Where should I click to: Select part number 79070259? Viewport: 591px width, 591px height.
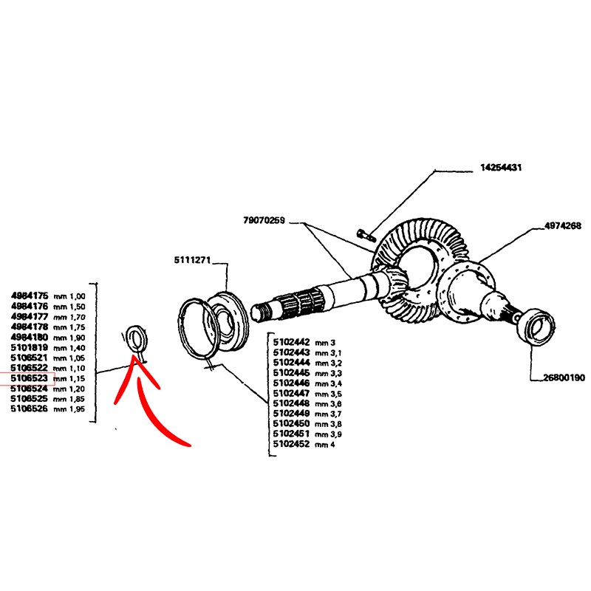click(264, 220)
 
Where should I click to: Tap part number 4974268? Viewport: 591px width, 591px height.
click(562, 226)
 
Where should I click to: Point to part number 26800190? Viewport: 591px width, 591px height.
click(564, 378)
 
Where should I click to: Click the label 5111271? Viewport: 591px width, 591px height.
click(194, 260)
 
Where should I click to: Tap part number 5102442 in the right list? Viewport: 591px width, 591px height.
click(292, 343)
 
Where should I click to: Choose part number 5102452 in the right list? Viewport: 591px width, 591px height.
click(292, 445)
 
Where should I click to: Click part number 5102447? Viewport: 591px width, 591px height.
click(292, 394)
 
